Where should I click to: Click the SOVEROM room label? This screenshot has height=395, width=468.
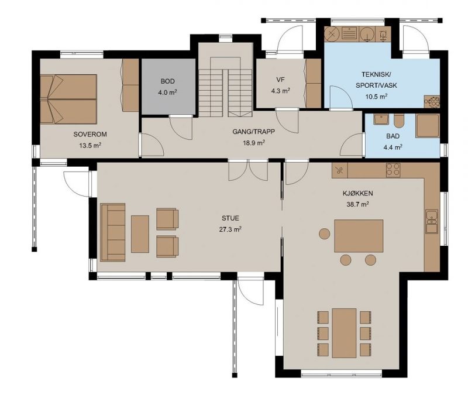click(90, 135)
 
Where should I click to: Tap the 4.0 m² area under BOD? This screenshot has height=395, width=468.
click(167, 92)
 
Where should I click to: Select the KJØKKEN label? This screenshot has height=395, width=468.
click(357, 193)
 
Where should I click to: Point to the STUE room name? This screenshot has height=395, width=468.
click(230, 218)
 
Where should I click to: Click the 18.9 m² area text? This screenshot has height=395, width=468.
click(254, 142)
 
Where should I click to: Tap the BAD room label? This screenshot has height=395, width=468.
click(393, 136)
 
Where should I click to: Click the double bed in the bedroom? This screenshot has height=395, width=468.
click(68, 99)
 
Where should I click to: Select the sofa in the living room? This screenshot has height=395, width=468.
click(113, 232)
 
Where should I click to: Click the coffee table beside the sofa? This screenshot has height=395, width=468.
click(140, 234)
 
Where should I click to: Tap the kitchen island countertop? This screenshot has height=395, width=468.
click(359, 236)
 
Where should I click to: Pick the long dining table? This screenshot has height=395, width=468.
click(344, 333)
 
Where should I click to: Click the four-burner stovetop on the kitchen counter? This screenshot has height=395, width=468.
click(393, 170)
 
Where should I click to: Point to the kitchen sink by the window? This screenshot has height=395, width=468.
click(432, 221)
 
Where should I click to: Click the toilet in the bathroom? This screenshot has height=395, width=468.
click(398, 121)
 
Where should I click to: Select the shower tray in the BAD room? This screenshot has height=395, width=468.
click(428, 126)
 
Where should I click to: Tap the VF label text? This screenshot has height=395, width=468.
click(280, 80)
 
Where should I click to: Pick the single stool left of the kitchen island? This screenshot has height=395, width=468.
click(325, 233)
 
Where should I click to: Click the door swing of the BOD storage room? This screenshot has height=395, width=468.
click(181, 127)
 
